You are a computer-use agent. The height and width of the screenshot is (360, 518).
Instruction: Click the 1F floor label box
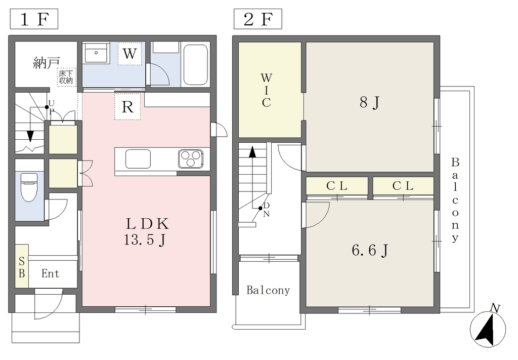(x=34, y=19)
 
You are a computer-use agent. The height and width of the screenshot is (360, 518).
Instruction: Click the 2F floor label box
(x=257, y=19)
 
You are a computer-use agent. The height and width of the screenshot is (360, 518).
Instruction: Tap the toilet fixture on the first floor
(x=29, y=187)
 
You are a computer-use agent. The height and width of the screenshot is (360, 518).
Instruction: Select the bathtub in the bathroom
(x=195, y=65)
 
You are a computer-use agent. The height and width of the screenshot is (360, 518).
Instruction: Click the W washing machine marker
(x=129, y=53)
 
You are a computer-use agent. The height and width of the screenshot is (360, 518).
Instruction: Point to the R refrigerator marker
(x=127, y=106)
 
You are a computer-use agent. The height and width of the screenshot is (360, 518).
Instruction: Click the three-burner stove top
(x=191, y=158)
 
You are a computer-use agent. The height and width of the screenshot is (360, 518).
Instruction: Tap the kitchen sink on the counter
(x=138, y=159)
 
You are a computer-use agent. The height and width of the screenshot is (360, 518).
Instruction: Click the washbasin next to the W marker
(x=97, y=53)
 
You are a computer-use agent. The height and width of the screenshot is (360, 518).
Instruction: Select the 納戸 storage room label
(x=47, y=62)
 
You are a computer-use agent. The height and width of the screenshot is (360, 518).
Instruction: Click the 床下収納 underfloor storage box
(x=67, y=77)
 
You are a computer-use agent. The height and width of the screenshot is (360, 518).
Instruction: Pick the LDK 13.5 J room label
(x=147, y=232)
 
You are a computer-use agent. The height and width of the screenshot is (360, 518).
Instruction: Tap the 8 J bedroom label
(x=369, y=102)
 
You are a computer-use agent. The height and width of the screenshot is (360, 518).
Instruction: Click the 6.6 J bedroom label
(x=370, y=250)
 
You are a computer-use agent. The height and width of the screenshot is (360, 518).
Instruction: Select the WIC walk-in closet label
(x=266, y=90)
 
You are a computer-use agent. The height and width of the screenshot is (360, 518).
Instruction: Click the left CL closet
(x=337, y=186)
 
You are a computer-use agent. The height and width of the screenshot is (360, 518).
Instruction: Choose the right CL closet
(x=403, y=186)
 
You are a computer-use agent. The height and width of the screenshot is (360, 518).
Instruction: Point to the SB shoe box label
(x=22, y=267)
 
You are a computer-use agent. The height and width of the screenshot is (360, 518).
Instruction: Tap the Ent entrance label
(x=51, y=273)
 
